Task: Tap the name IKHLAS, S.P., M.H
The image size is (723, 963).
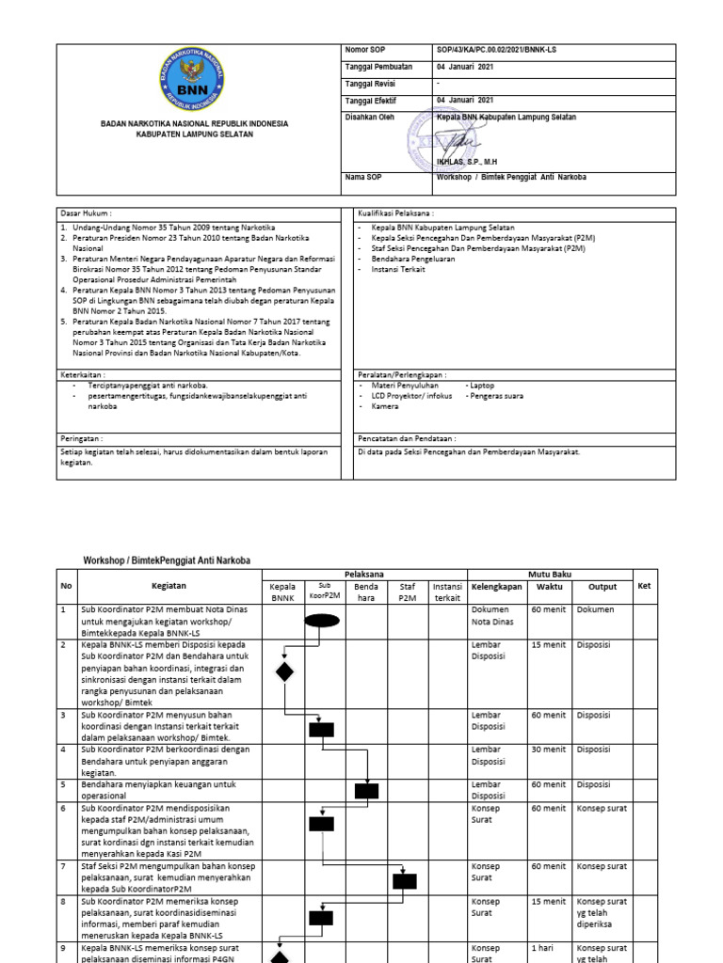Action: point(467,161)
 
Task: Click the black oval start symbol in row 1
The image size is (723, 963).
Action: point(322,619)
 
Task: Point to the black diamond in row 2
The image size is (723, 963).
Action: point(283,671)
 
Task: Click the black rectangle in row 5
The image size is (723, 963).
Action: point(366,791)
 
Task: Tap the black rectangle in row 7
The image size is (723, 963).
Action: point(405,880)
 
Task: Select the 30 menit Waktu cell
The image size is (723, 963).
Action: point(548,750)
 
